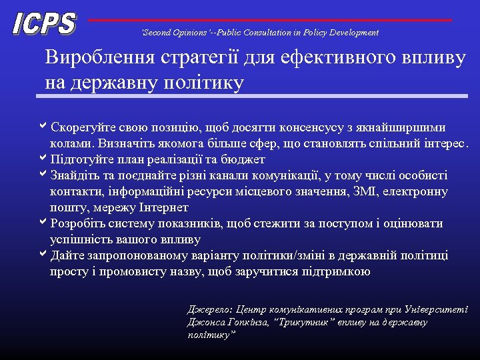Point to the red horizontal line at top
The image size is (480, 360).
pyautogui.click(x=269, y=20)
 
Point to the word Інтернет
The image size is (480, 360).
pyautogui.click(x=158, y=208)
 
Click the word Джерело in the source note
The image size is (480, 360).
pyautogui.click(x=209, y=310)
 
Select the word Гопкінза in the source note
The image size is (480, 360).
pyautogui.click(x=247, y=323)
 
